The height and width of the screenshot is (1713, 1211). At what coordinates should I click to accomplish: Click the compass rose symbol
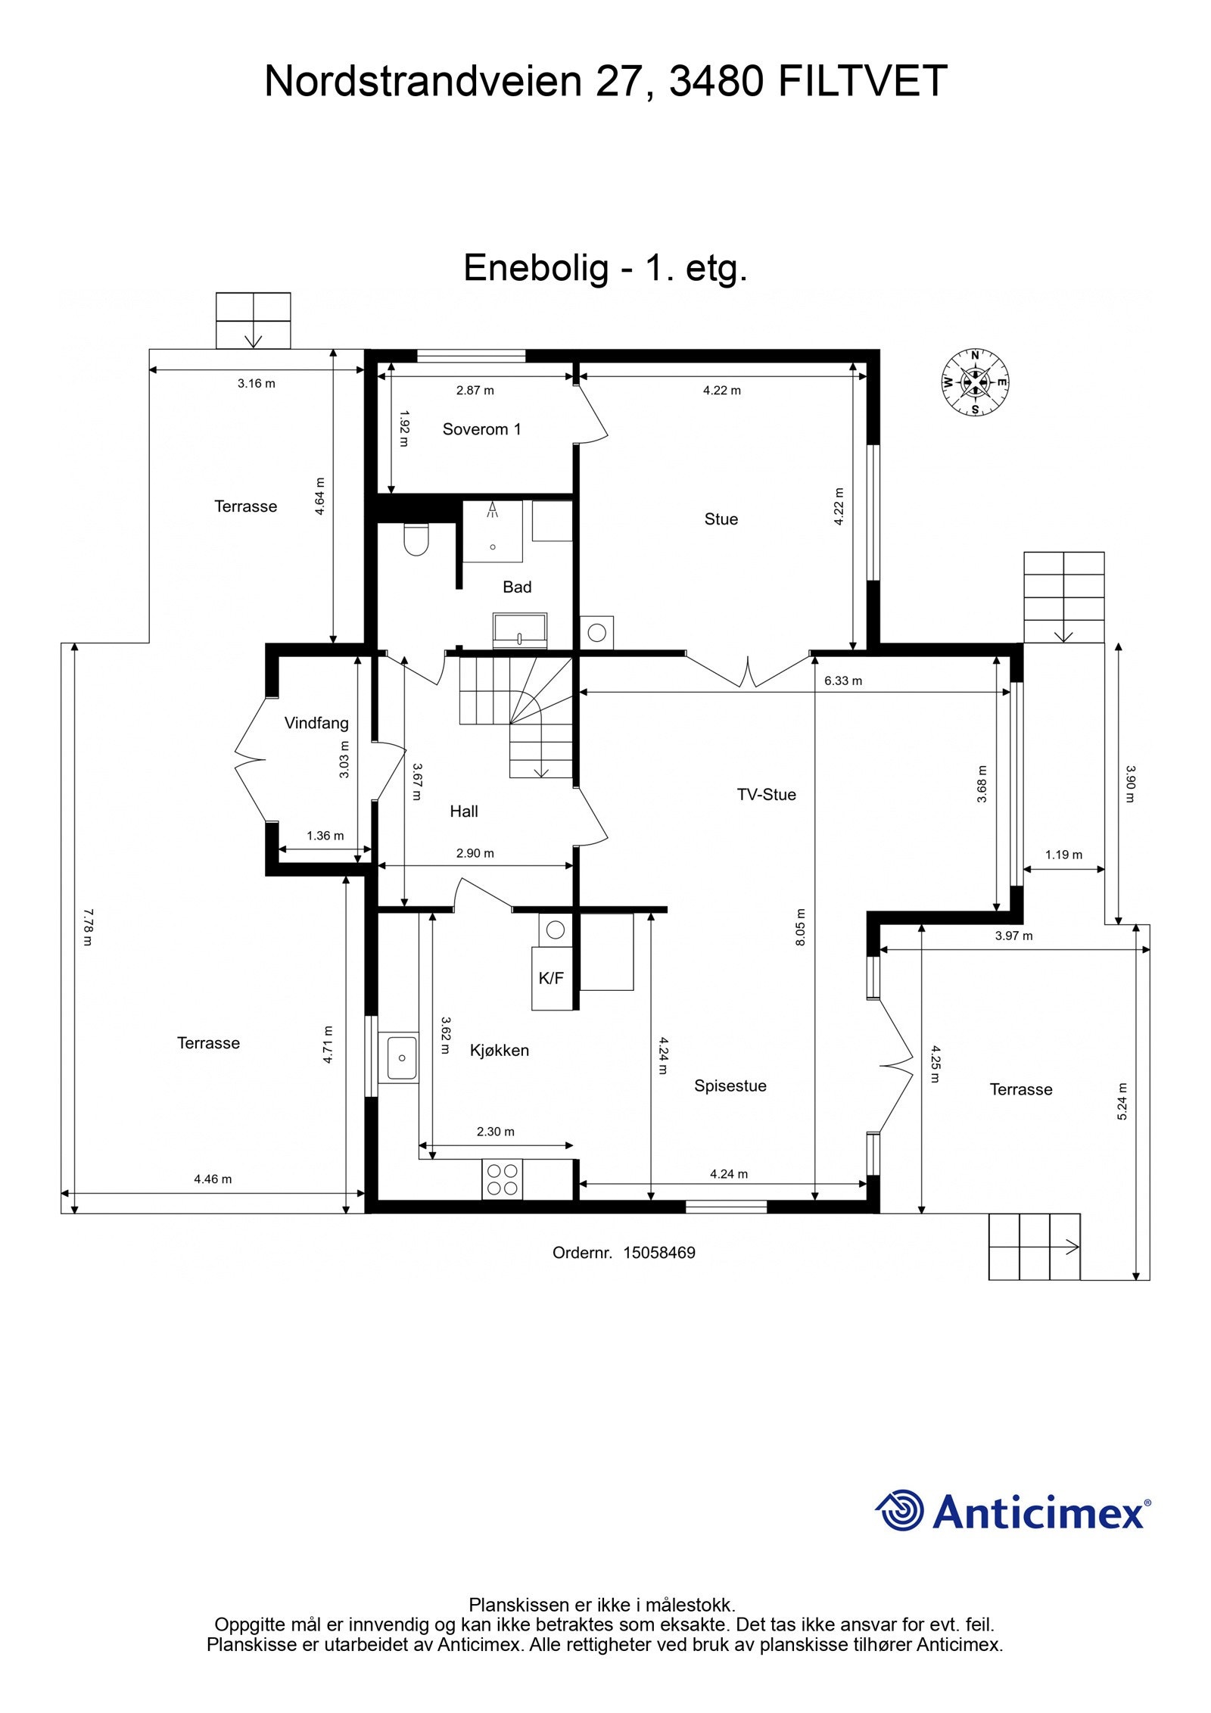pyautogui.click(x=974, y=382)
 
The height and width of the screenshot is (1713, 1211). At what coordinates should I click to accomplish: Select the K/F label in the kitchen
pyautogui.click(x=550, y=978)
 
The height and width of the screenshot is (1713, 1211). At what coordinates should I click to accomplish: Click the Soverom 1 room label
pyautogui.click(x=481, y=429)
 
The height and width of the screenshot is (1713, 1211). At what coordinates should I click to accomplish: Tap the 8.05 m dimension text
pyautogui.click(x=802, y=927)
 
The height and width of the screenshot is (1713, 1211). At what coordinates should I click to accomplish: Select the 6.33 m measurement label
pyautogui.click(x=842, y=681)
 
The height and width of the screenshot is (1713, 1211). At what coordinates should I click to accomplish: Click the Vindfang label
pyautogui.click(x=316, y=723)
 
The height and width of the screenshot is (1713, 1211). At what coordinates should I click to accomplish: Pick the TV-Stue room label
pyautogui.click(x=766, y=794)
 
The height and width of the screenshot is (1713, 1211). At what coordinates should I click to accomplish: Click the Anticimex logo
pyautogui.click(x=1013, y=1512)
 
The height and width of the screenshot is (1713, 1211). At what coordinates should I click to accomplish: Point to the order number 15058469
pyautogui.click(x=658, y=1253)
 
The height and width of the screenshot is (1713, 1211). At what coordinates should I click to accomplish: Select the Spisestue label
pyautogui.click(x=730, y=1085)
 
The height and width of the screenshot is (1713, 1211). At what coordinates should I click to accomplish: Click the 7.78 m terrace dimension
pyautogui.click(x=86, y=927)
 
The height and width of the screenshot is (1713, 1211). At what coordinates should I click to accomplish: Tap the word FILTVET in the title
pyautogui.click(x=862, y=81)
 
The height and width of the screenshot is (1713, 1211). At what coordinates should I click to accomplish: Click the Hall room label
pyautogui.click(x=463, y=811)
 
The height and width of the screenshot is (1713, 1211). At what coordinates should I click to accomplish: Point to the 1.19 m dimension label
pyautogui.click(x=1063, y=855)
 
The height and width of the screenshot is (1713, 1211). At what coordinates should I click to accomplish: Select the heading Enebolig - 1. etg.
pyautogui.click(x=605, y=267)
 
